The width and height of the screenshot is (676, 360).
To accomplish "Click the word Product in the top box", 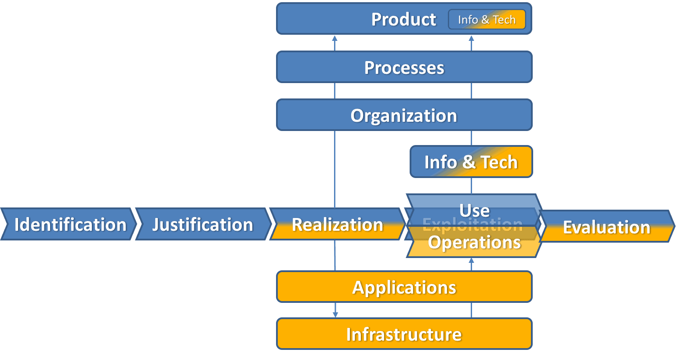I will (x=403, y=19).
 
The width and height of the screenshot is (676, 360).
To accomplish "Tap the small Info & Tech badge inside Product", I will (x=487, y=20).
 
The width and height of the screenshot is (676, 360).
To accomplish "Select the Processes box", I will (x=404, y=67).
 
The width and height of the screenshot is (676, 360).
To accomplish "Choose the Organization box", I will (x=404, y=115).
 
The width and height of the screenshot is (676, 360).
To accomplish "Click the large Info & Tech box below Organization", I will (x=471, y=162).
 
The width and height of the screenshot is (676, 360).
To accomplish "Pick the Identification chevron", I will (x=69, y=224).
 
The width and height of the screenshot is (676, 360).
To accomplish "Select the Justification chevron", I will (x=203, y=224).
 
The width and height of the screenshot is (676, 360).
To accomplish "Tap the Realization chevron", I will (x=337, y=224).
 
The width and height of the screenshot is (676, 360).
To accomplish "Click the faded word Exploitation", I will (x=472, y=225).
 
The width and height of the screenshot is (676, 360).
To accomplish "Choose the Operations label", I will (x=474, y=242).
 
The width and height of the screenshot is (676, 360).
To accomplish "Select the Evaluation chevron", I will (x=606, y=227).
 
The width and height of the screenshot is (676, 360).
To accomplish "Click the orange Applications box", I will (x=404, y=287).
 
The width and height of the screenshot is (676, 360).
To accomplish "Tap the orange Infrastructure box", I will (x=404, y=334).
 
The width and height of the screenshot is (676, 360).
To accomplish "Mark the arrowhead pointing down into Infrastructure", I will (x=335, y=314).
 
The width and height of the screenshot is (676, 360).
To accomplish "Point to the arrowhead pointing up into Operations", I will (x=471, y=261).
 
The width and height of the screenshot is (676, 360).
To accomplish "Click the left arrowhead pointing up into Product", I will (x=334, y=38).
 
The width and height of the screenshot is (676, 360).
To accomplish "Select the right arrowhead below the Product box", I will (x=471, y=38).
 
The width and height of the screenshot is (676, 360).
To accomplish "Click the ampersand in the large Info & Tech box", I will (x=469, y=162).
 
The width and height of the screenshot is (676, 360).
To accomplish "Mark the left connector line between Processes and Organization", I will (x=334, y=91).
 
